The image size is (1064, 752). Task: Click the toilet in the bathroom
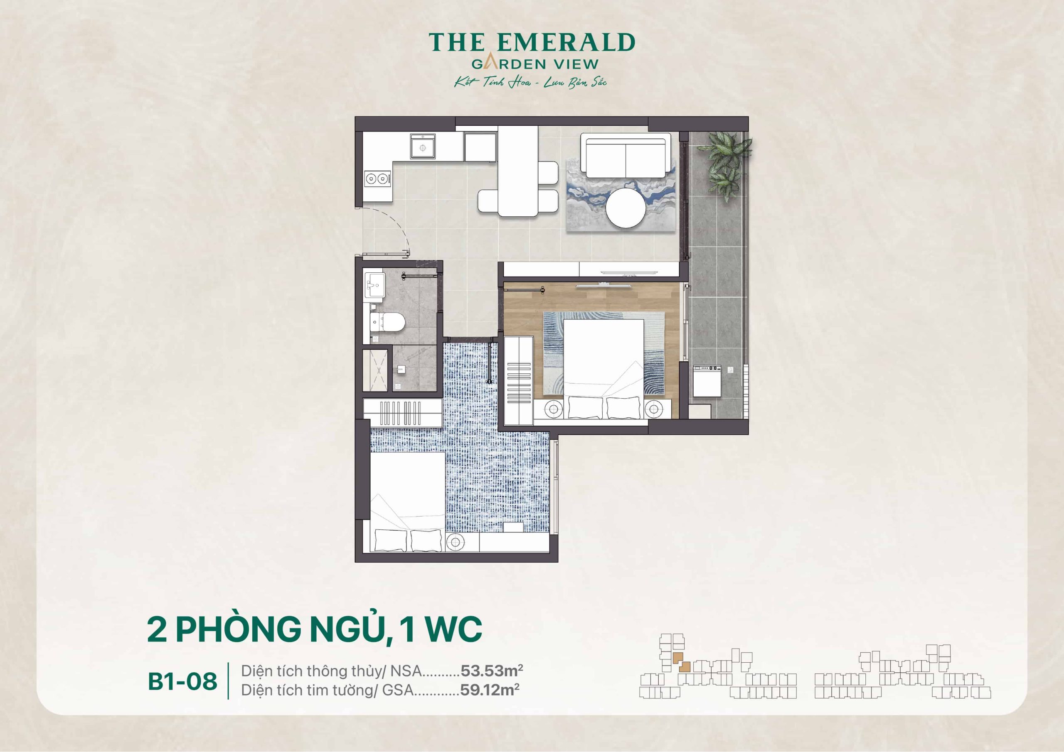388,322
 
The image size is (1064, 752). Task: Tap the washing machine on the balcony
707,381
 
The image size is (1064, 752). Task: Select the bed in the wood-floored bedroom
603,366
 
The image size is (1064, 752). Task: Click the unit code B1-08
182,681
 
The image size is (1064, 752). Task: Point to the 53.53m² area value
492,671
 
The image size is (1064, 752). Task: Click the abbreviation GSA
398,691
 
